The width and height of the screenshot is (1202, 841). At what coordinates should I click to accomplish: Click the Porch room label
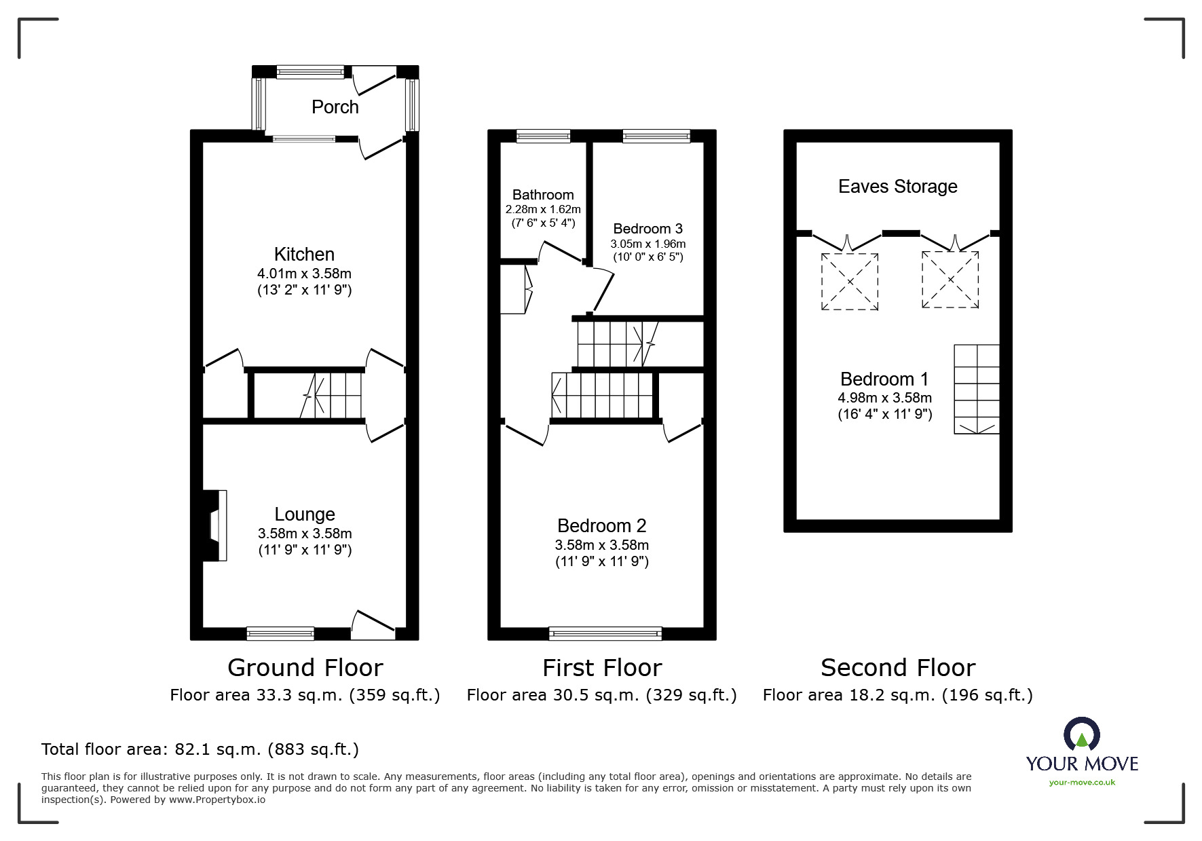(x=335, y=107)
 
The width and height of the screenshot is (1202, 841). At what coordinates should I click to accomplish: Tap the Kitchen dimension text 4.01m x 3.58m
(x=304, y=274)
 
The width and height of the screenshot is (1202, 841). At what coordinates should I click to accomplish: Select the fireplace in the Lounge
(x=216, y=525)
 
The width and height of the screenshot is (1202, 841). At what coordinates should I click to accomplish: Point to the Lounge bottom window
(x=280, y=633)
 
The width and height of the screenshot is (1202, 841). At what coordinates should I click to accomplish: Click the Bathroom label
(x=543, y=195)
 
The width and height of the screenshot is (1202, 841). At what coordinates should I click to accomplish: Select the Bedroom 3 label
(x=647, y=229)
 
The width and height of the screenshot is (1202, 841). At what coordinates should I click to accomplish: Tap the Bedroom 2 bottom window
(x=605, y=633)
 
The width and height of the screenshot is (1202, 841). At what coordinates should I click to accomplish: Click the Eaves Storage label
(x=897, y=187)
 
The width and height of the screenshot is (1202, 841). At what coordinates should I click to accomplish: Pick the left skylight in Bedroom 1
(x=849, y=282)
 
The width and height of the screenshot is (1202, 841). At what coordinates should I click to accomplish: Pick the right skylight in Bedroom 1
(x=950, y=280)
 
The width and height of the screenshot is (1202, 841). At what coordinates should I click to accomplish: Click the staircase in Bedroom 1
(x=976, y=389)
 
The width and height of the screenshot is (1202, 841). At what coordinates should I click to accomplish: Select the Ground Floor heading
(x=305, y=668)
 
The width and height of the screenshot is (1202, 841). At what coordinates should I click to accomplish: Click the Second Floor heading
(x=897, y=668)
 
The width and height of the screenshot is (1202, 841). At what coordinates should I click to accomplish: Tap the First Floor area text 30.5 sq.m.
(x=601, y=695)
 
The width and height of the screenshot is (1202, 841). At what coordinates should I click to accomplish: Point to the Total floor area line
(x=200, y=749)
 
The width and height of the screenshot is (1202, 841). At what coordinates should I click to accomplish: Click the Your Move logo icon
(x=1081, y=735)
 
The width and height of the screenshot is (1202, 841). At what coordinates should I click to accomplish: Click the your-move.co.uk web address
(x=1081, y=783)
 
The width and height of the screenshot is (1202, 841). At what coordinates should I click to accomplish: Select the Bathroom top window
(x=543, y=136)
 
